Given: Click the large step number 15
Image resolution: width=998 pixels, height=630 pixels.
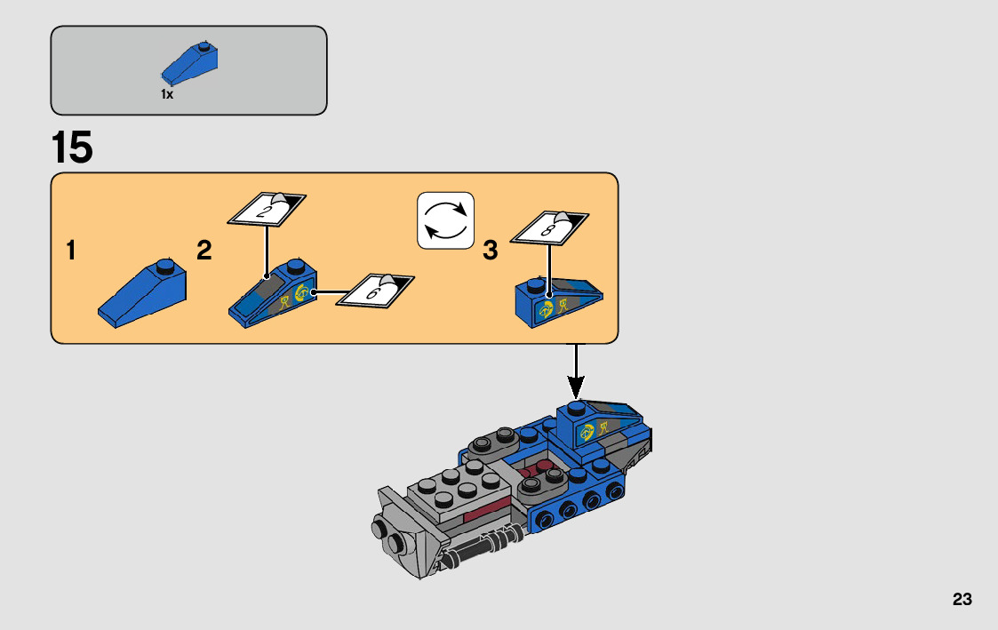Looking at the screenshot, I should point(72,148).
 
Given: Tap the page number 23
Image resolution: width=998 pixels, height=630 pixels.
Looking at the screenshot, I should point(962,600).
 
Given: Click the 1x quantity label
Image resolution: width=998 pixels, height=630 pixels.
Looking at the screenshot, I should point(166,94).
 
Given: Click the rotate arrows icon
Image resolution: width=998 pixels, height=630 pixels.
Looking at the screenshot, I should point(446,221).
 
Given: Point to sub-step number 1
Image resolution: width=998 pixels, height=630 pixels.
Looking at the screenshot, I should point(70,251).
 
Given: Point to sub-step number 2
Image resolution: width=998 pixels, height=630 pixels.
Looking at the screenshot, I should point(204,251).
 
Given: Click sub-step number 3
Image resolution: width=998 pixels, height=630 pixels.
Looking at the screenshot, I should point(490,251).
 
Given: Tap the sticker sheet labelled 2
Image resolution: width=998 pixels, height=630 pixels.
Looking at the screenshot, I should point(267,210).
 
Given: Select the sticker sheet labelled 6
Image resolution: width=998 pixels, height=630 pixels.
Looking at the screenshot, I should point(375,290).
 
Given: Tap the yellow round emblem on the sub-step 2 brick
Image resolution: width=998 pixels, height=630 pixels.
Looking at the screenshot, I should point(302,291).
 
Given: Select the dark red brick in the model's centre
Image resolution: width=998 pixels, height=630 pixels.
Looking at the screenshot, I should point(484,514).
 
